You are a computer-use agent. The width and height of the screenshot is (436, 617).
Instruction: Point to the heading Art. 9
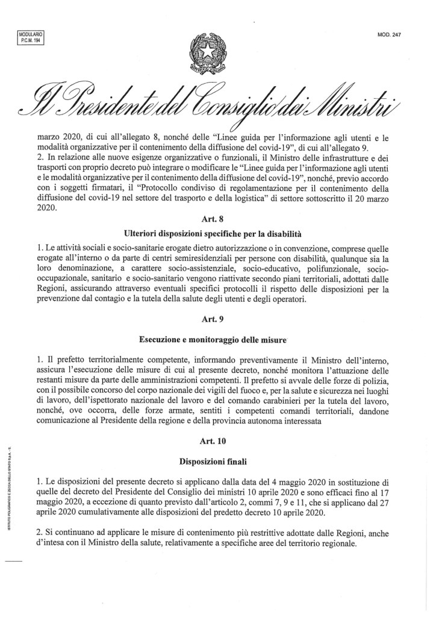coord(217,320)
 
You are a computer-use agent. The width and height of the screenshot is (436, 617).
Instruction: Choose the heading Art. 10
coord(217,441)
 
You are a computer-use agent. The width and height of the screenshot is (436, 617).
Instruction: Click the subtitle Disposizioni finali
coord(217,462)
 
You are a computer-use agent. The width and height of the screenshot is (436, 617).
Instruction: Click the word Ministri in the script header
coord(360,104)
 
